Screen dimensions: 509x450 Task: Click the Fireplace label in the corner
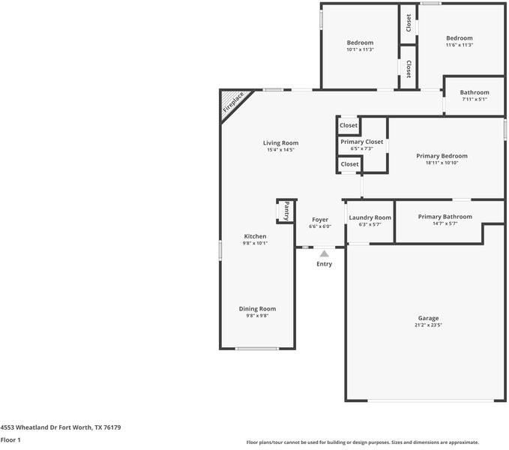tap(233, 102)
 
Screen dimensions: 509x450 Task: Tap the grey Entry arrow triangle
tap(324, 253)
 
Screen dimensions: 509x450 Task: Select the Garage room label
tap(428, 318)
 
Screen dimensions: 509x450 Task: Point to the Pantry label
tap(287, 211)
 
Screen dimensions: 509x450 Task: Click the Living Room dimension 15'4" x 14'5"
tap(280, 150)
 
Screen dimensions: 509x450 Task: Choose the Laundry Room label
tap(370, 217)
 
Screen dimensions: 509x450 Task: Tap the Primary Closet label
tap(361, 142)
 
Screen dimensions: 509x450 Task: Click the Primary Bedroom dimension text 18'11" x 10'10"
tap(442, 163)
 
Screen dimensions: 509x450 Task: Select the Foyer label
tap(320, 220)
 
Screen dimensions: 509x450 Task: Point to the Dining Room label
tap(257, 309)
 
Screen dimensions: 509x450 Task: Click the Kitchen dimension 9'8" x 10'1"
tap(255, 243)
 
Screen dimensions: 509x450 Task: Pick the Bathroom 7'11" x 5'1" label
tap(475, 92)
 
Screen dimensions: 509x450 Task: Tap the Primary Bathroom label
tap(445, 217)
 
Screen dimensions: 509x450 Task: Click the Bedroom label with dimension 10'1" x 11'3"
tap(360, 43)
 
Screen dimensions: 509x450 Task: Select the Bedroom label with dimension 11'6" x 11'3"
tap(460, 38)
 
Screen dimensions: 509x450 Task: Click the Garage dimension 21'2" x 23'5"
tap(428, 325)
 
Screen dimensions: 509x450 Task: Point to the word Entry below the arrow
tap(325, 264)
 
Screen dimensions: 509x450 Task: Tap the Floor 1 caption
tap(10, 440)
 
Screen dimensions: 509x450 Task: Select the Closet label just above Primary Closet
tap(349, 125)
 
